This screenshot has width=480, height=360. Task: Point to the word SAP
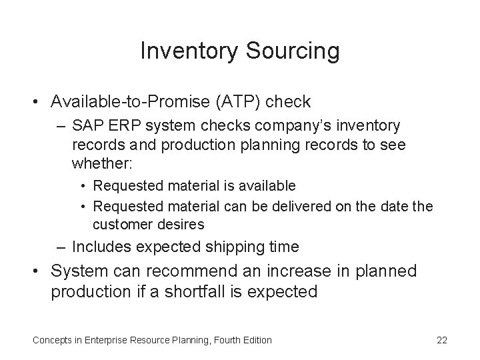[x=85, y=126]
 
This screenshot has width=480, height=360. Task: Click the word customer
[x=120, y=224]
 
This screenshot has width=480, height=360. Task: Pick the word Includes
[x=101, y=247]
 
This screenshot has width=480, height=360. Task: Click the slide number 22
[x=441, y=340]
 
